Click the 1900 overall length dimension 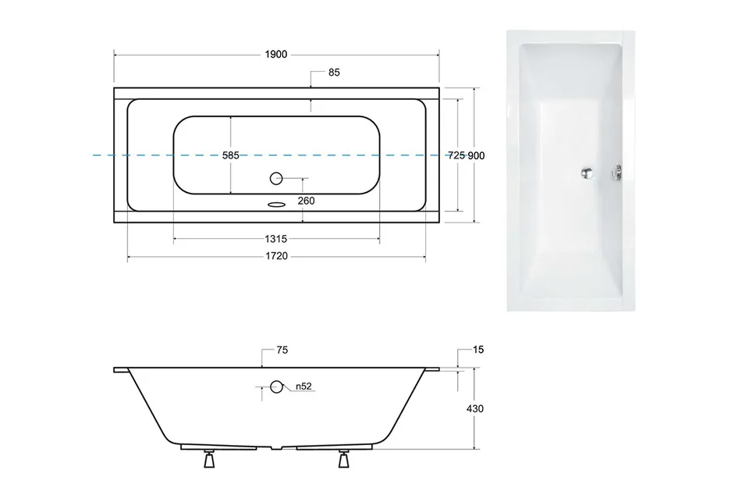coord(276,55)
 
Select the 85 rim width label coord(334,72)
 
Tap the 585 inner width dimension coord(231,155)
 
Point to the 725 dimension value coord(456,155)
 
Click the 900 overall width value coord(476,155)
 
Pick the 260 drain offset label coord(306,201)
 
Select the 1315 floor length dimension coord(276,239)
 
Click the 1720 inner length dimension coord(276,256)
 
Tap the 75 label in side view coord(282,350)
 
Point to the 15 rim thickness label coord(478,350)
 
